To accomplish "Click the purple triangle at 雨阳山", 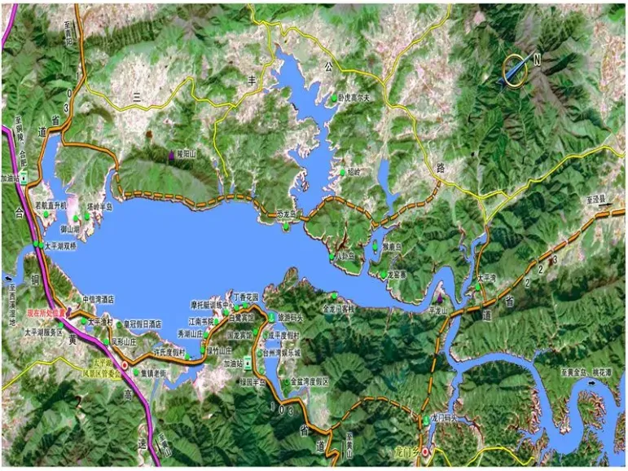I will pyautogui.click(x=171, y=154).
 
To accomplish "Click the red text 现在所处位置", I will pyautogui.click(x=48, y=312).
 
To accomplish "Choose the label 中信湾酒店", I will pyautogui.click(x=99, y=299).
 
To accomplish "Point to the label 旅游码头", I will pyautogui.click(x=291, y=316).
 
